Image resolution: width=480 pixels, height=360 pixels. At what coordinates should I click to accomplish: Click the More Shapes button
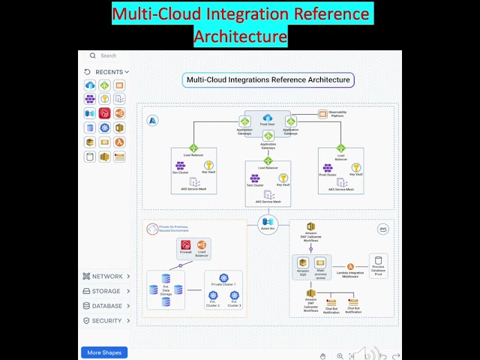point(104,352)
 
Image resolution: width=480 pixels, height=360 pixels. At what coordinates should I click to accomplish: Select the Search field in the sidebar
point(109,55)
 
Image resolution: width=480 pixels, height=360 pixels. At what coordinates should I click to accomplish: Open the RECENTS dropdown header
point(107,72)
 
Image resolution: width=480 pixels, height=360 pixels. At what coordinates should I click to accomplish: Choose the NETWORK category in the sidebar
point(106,277)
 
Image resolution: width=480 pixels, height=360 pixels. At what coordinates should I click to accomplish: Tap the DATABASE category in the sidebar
point(106,306)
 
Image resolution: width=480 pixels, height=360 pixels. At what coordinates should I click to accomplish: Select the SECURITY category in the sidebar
point(106,320)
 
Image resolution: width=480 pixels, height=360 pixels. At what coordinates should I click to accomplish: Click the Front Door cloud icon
point(267,118)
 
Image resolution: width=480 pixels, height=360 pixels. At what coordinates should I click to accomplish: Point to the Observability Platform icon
point(322,114)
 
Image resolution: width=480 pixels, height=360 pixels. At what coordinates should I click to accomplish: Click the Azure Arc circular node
point(268,222)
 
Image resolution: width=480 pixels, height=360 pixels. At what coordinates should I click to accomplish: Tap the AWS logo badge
point(383,229)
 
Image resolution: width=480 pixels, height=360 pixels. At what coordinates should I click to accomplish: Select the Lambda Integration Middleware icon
point(350,266)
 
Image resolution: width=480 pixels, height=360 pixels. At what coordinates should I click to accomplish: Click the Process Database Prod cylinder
point(379,262)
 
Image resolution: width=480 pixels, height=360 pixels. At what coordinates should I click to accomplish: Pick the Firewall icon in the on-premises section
point(186,245)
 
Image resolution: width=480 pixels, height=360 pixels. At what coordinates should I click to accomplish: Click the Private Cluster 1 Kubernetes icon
point(223,277)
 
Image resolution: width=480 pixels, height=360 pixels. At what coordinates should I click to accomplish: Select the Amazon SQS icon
point(303,263)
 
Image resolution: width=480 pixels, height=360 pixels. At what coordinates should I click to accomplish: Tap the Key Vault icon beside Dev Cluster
point(208,166)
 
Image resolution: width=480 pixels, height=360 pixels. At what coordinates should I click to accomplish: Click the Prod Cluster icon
point(327,167)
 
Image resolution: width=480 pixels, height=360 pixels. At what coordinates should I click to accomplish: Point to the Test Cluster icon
point(255,178)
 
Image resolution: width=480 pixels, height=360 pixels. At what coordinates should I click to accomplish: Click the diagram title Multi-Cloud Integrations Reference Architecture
point(268,79)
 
